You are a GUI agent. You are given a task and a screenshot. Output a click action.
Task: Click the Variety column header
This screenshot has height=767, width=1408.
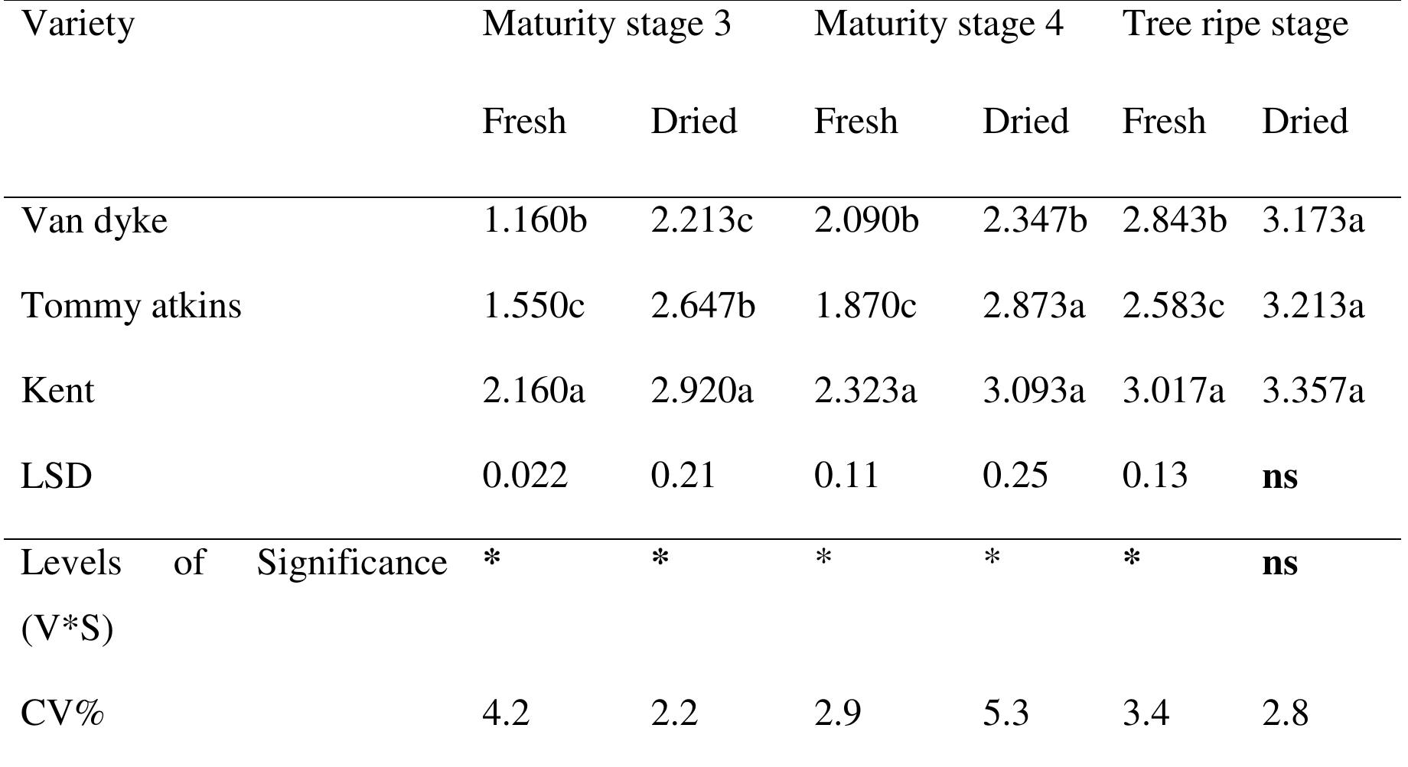pyautogui.click(x=78, y=24)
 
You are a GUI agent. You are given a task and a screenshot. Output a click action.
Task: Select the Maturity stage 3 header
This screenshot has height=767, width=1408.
pyautogui.click(x=606, y=24)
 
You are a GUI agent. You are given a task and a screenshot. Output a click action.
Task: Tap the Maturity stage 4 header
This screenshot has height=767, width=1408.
pyautogui.click(x=938, y=24)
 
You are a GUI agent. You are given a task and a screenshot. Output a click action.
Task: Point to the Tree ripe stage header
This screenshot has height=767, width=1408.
pyautogui.click(x=1234, y=24)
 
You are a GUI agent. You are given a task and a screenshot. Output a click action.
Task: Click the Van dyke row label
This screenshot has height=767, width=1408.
pyautogui.click(x=94, y=222)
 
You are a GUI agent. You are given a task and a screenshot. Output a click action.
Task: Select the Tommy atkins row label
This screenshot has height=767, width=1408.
pyautogui.click(x=131, y=306)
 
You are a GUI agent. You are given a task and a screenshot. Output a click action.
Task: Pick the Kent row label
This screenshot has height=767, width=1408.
pyautogui.click(x=57, y=391)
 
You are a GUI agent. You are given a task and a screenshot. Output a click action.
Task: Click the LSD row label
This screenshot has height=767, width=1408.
pyautogui.click(x=56, y=476)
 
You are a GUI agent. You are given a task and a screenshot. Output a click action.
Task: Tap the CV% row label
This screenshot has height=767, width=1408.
pyautogui.click(x=62, y=713)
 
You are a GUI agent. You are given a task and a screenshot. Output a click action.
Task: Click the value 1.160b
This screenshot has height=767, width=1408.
pyautogui.click(x=534, y=221)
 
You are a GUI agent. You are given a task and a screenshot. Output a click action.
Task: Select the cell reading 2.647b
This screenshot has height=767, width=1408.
pyautogui.click(x=702, y=306)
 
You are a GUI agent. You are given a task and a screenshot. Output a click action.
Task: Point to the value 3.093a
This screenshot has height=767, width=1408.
pyautogui.click(x=1033, y=391)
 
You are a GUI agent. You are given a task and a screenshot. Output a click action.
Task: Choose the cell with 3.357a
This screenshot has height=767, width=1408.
pyautogui.click(x=1312, y=391)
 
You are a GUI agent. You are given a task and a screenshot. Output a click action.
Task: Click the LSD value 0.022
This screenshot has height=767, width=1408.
pyautogui.click(x=525, y=476)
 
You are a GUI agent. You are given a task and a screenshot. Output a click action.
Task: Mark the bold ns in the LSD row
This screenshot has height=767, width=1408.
pyautogui.click(x=1279, y=476)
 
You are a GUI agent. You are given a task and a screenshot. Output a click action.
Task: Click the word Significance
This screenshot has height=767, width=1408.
pyautogui.click(x=351, y=564)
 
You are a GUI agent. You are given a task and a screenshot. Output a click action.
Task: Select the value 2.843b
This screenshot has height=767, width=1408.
pyautogui.click(x=1174, y=221)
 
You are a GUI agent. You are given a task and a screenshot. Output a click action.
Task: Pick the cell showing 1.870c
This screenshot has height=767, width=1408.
pyautogui.click(x=865, y=306)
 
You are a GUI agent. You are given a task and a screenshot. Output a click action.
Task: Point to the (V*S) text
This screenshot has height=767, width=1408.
pyautogui.click(x=67, y=629)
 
